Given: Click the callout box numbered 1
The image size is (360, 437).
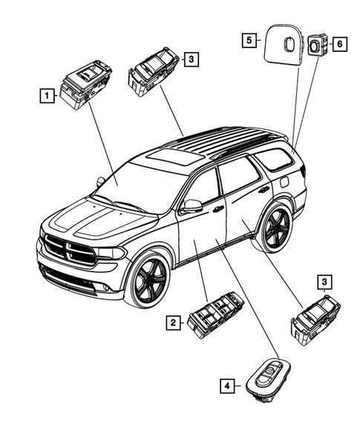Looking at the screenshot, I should click(48, 95).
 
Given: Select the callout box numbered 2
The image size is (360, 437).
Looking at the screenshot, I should click(172, 322).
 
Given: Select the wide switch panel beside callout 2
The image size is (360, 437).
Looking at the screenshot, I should click(215, 318).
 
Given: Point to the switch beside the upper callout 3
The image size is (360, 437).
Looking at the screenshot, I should click(154, 70).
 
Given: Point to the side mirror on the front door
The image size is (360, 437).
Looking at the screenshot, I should click(192, 206).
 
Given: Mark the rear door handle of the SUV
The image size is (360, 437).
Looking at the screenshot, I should click(264, 191).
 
